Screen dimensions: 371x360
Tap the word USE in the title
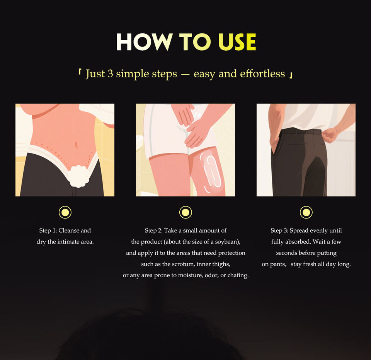coord(237,42)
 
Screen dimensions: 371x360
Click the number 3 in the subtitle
coord(110,73)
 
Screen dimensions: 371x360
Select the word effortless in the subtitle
coord(262,73)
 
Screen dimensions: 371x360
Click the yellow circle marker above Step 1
coord(65,212)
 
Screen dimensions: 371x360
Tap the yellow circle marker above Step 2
coord(185,212)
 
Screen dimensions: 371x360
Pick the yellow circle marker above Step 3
coord(306,212)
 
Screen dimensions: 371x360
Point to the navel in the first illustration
coord(76,144)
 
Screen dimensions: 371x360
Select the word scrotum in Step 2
coord(183,264)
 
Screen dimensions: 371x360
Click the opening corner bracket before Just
coord(80,72)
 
